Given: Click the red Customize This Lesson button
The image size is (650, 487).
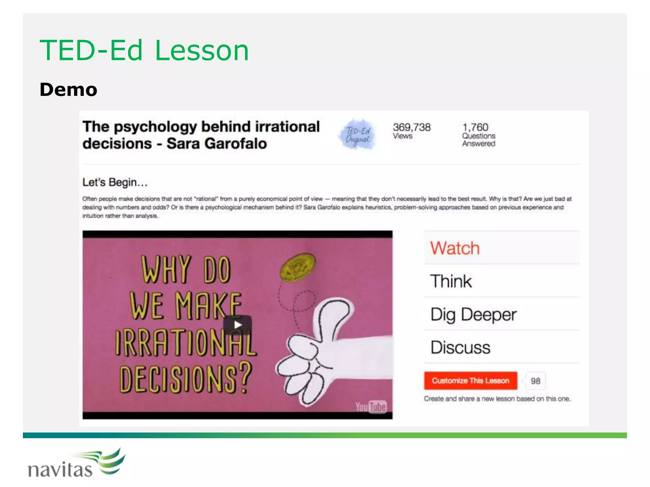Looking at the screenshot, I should point(470,380).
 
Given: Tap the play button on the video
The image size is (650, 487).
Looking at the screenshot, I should point(237,325).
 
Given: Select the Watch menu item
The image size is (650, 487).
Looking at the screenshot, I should point(454,248).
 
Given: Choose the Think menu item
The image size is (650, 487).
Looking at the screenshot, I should point(451,281).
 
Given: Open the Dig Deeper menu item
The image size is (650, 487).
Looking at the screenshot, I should point(473,315).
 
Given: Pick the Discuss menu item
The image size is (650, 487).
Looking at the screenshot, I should point(460,347).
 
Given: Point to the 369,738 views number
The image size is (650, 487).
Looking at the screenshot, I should point(411,127).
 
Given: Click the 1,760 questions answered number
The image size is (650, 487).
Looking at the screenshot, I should point(475,127).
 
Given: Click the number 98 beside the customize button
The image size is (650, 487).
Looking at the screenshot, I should point(535,381).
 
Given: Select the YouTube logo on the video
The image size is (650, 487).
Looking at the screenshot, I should point(371,407).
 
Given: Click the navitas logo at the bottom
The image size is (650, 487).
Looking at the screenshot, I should point(76,464).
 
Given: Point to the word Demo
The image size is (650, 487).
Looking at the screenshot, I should point(68,90).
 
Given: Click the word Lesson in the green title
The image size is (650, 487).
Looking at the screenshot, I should point(202,51).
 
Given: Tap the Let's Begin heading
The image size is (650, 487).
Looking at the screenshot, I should point(115,182).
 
